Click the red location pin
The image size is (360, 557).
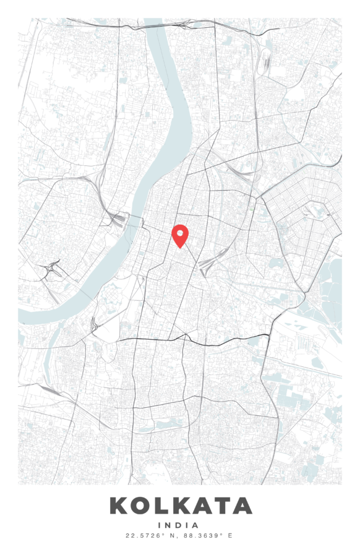tap(180, 236)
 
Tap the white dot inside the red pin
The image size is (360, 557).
tap(180, 233)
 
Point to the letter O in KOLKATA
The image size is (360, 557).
tap(142, 506)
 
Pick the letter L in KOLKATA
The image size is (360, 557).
tap(161, 506)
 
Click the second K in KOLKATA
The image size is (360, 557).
tap(179, 506)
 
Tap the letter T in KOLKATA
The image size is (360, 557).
tap(221, 506)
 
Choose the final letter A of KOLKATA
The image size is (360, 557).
tap(242, 506)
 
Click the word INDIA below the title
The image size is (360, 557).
tap(179, 525)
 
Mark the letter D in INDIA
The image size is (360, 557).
tap(180, 525)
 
